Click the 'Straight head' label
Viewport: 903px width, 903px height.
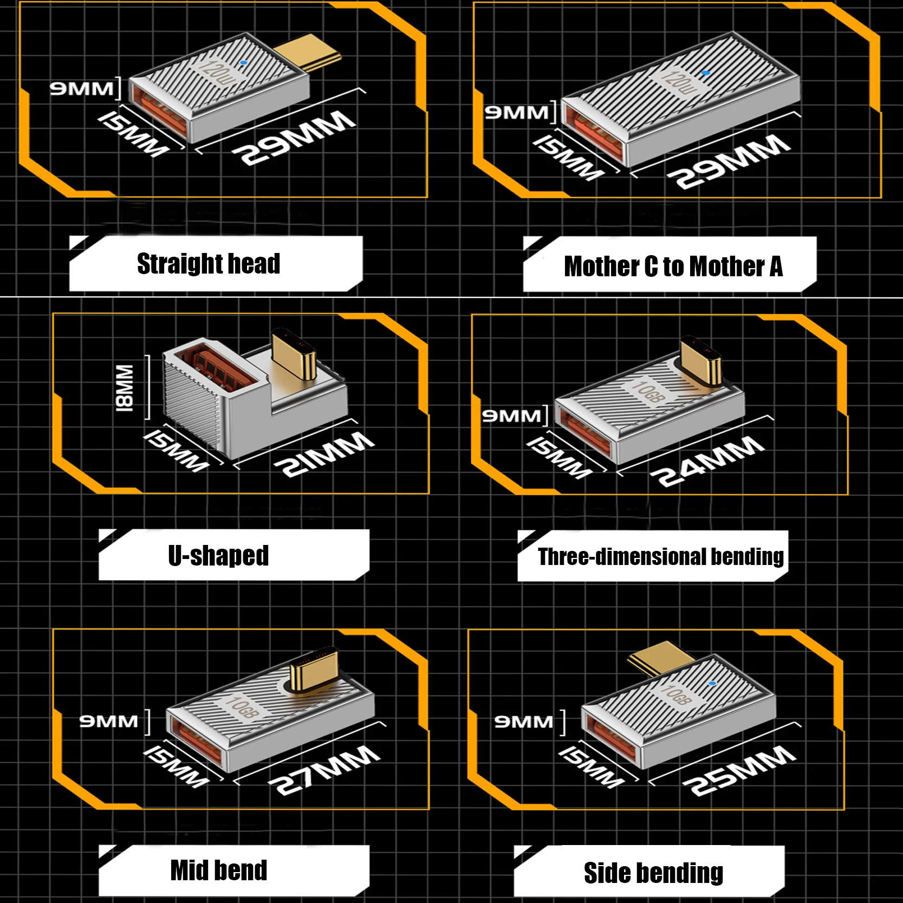click(x=209, y=264)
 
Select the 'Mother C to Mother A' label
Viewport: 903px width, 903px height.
click(x=673, y=267)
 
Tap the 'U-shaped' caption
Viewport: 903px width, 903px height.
click(x=218, y=555)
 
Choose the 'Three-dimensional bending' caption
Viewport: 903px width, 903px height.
click(x=661, y=556)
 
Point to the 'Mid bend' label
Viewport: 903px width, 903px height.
click(x=219, y=870)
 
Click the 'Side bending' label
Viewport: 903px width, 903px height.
click(x=653, y=873)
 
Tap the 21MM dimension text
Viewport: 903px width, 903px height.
click(x=324, y=454)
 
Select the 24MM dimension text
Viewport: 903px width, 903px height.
click(x=707, y=461)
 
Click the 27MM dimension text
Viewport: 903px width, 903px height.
click(x=324, y=769)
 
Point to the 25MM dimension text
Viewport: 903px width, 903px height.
click(x=739, y=770)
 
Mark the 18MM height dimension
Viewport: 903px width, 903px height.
click(x=125, y=388)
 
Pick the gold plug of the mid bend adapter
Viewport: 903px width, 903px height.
click(x=314, y=670)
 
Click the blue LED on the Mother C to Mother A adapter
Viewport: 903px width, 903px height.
click(x=705, y=72)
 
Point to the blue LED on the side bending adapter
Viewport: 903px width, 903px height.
click(x=712, y=684)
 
